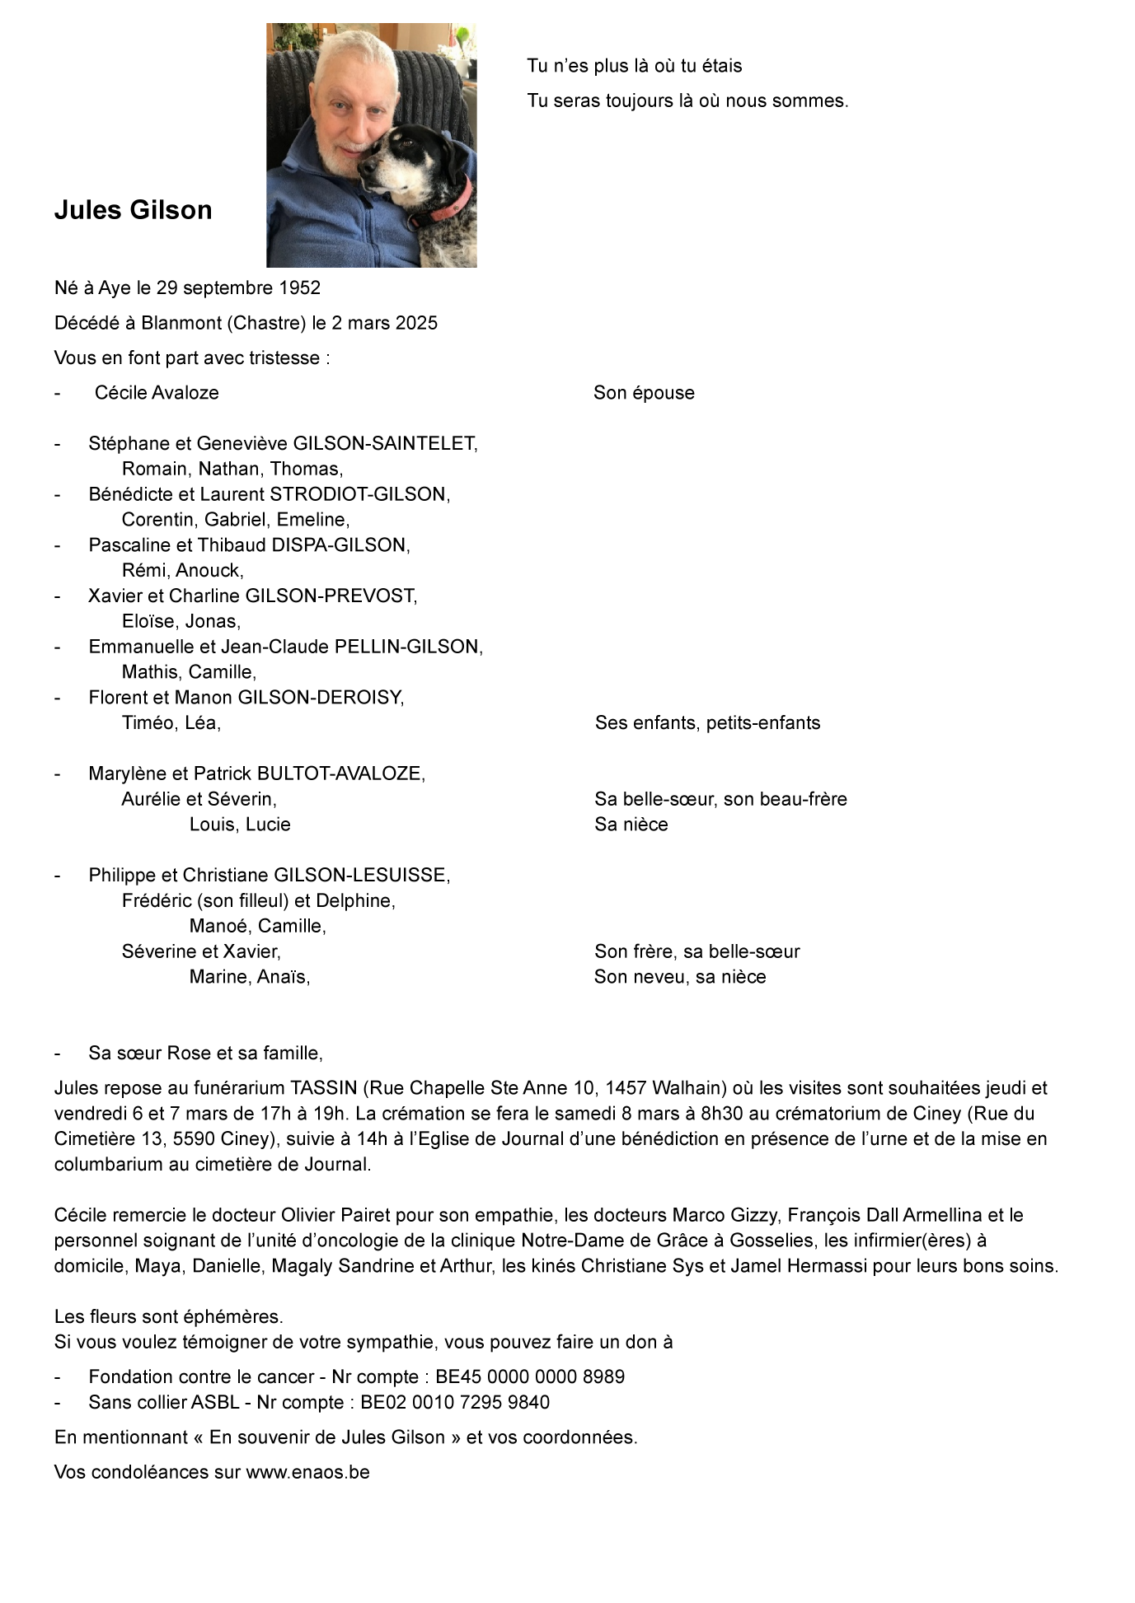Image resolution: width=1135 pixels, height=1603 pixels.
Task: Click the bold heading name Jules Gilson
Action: pyautogui.click(x=133, y=210)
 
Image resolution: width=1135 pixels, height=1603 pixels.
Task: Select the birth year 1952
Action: pyautogui.click(x=300, y=288)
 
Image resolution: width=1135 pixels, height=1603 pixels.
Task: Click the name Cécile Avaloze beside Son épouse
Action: pyautogui.click(x=157, y=393)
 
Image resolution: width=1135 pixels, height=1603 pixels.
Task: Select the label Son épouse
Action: pyautogui.click(x=644, y=393)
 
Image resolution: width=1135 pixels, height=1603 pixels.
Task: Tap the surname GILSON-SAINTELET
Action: pyautogui.click(x=384, y=444)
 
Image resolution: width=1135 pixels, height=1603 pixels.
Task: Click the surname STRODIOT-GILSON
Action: pyautogui.click(x=357, y=494)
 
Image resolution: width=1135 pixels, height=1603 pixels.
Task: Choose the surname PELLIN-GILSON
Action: pyautogui.click(x=408, y=647)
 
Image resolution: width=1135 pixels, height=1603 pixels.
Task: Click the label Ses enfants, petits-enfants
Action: pyautogui.click(x=707, y=723)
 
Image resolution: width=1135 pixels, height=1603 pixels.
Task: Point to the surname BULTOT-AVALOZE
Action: pyautogui.click(x=340, y=773)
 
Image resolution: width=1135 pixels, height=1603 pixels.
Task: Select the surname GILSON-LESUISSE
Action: pyautogui.click(x=361, y=875)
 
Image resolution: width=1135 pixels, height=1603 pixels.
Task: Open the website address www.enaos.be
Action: pyautogui.click(x=307, y=1472)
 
